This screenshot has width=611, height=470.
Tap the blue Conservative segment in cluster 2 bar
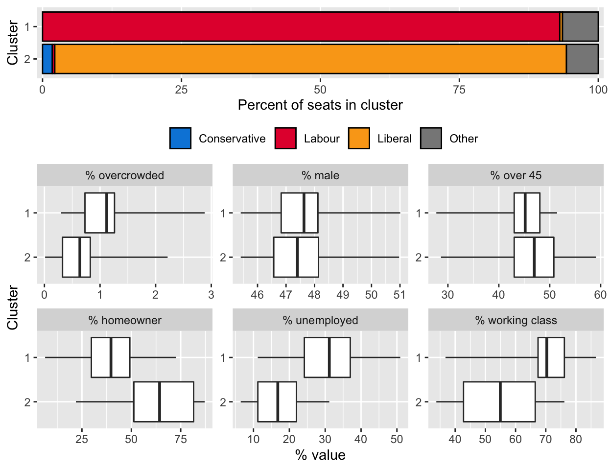[47, 59]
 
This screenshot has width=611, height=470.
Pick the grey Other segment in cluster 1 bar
[580, 27]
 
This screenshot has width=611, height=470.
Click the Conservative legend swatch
[180, 138]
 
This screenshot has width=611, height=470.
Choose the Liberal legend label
[394, 139]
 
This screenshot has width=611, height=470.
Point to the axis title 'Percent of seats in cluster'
[320, 105]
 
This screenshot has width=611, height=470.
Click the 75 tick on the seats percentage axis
[459, 90]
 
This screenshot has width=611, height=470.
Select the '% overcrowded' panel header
[125, 175]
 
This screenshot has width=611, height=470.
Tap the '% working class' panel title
[516, 320]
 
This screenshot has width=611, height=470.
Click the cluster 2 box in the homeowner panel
[164, 401]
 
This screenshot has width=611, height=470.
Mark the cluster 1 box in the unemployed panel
[327, 357]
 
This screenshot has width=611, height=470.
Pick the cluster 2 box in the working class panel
[499, 401]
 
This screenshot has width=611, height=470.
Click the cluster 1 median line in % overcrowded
[107, 213]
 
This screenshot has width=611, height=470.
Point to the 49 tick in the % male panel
[343, 295]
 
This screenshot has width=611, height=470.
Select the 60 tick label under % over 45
[600, 295]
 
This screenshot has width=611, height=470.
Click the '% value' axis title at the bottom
[320, 455]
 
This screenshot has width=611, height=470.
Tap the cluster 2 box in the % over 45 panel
[534, 257]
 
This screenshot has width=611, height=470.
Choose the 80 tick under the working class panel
[576, 439]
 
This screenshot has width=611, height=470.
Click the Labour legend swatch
[285, 138]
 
